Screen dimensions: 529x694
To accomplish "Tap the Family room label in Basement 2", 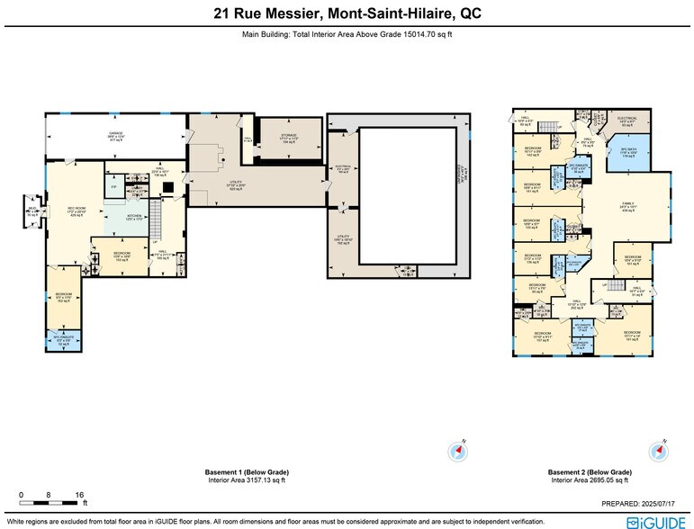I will click(x=626, y=205).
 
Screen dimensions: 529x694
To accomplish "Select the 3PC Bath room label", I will click(x=628, y=151).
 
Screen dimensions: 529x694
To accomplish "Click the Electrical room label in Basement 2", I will click(x=628, y=121).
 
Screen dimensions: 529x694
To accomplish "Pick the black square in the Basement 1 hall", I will click(x=167, y=188).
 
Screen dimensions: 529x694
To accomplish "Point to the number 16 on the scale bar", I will click(x=79, y=496).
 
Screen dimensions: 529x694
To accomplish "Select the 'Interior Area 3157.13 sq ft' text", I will click(x=247, y=480).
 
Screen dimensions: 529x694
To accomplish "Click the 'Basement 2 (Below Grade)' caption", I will click(x=589, y=471).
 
